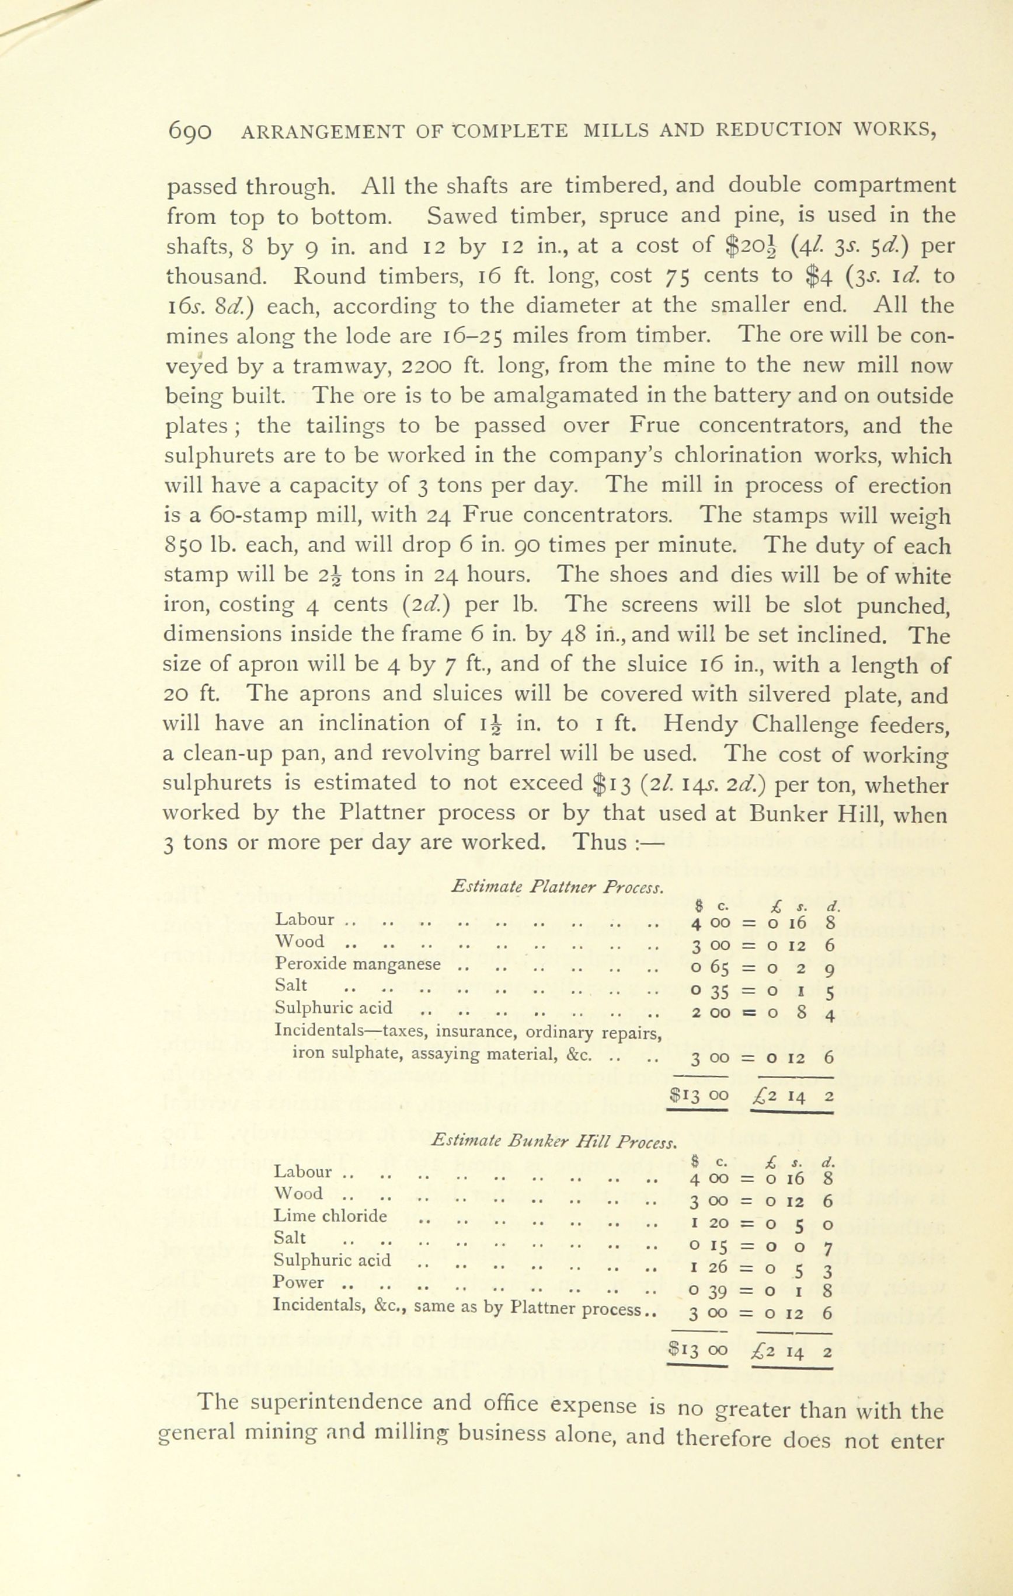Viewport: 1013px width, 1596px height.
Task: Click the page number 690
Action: point(190,131)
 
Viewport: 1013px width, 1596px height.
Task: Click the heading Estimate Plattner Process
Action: point(556,887)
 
